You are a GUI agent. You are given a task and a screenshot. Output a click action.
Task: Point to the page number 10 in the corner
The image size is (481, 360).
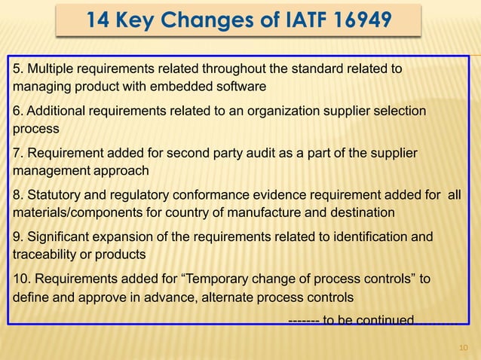(464, 347)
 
